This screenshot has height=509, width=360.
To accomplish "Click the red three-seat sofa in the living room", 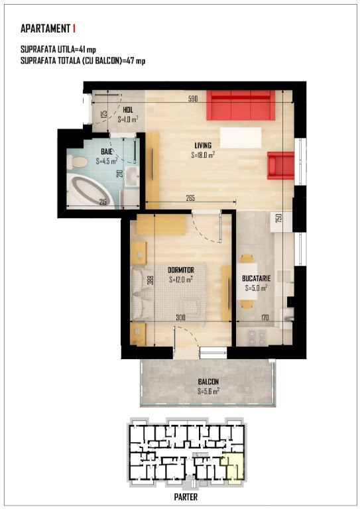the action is point(241,105).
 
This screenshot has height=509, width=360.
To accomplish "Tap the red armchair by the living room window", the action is point(281,166).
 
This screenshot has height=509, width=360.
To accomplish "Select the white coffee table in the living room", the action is point(241,137).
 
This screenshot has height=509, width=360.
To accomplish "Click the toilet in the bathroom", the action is point(78,161).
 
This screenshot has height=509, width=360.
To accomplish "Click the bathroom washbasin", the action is point(132,176).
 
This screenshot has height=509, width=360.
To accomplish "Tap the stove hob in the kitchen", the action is point(257,337).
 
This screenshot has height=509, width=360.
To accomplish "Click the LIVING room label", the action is point(203,145).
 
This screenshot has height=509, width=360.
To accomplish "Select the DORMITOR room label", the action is point(181,270).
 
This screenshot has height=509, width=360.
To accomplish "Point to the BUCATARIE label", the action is point(256,278).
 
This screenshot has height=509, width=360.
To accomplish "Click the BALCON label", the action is point(208,382).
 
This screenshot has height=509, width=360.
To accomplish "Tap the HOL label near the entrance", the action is point(128,110).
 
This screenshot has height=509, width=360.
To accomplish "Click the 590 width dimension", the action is point(193,99).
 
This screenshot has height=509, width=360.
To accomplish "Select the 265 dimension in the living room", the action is point(190,198).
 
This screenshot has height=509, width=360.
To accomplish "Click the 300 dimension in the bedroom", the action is point(180,318).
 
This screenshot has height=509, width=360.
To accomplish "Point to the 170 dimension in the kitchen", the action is point(265,318).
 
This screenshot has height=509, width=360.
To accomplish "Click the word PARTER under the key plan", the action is point(186,496).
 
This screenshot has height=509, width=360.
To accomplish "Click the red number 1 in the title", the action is point(74,28).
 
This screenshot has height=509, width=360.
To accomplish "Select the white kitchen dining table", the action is point(247,281).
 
